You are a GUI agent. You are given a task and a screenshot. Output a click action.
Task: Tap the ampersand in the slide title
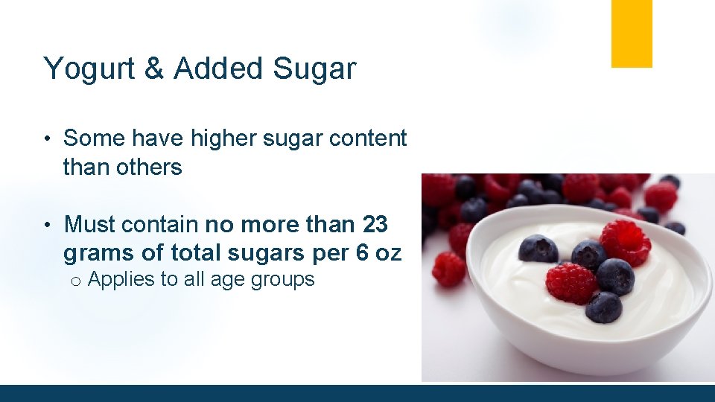coord(154,68)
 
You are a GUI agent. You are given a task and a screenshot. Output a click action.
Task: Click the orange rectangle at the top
coord(632,33)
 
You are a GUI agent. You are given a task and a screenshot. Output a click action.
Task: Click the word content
coord(370,138)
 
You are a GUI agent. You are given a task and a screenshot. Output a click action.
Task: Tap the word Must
coord(90,224)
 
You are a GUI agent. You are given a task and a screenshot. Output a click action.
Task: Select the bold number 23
coord(375,224)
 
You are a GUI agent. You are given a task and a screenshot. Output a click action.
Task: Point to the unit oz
coord(387,254)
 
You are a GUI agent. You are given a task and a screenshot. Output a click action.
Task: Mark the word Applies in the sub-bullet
coord(118,280)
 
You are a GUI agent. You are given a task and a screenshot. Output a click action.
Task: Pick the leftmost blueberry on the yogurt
coord(538,249)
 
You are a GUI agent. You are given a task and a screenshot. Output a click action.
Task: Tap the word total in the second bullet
coord(200,254)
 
